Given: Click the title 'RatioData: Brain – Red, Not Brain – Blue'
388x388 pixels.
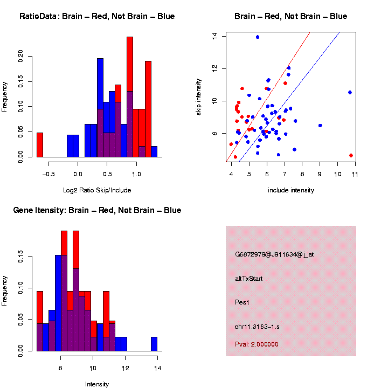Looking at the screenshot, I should coord(97,16).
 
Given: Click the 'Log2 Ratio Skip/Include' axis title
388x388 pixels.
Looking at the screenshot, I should coord(97,190).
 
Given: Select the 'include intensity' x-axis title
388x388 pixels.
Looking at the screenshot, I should coord(290,190).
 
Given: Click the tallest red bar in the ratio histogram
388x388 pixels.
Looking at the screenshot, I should coord(130,97).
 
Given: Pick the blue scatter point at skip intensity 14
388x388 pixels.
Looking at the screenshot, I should coord(258,37).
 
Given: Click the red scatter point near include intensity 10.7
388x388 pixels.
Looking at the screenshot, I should coord(351,155).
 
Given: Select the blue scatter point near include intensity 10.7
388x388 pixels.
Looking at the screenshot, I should coord(350,92).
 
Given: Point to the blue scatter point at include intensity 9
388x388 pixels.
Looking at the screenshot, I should coord(320,125).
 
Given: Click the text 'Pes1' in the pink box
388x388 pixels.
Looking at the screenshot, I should coord(242,302).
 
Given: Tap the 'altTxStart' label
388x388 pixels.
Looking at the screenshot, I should coord(249,279).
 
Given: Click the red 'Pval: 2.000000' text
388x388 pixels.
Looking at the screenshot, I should coord(257,344).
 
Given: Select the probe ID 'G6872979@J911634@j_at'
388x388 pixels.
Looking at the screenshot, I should coord(274,254).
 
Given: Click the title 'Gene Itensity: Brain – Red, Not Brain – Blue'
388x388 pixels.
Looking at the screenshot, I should coord(97,210).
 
